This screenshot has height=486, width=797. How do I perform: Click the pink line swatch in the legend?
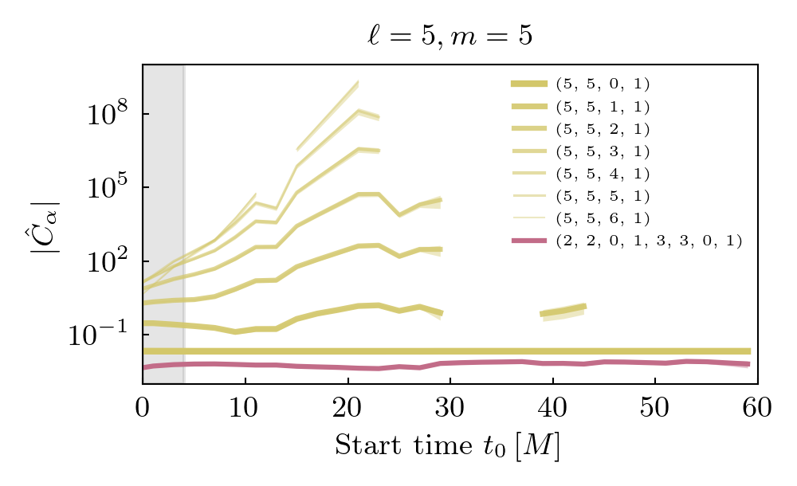pos(528,241)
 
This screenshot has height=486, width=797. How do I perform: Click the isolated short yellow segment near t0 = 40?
pos(563,310)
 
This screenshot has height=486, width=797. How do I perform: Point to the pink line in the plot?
pos(478,362)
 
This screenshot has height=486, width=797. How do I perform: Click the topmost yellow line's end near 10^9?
pos(356,83)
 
